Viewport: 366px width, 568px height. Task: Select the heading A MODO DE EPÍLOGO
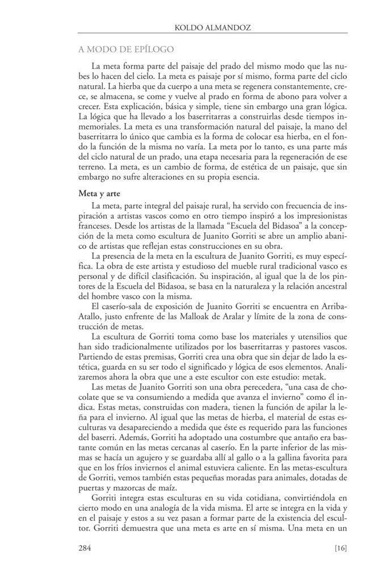[x=125, y=51]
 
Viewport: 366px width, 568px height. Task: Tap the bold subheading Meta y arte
[x=98, y=194]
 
